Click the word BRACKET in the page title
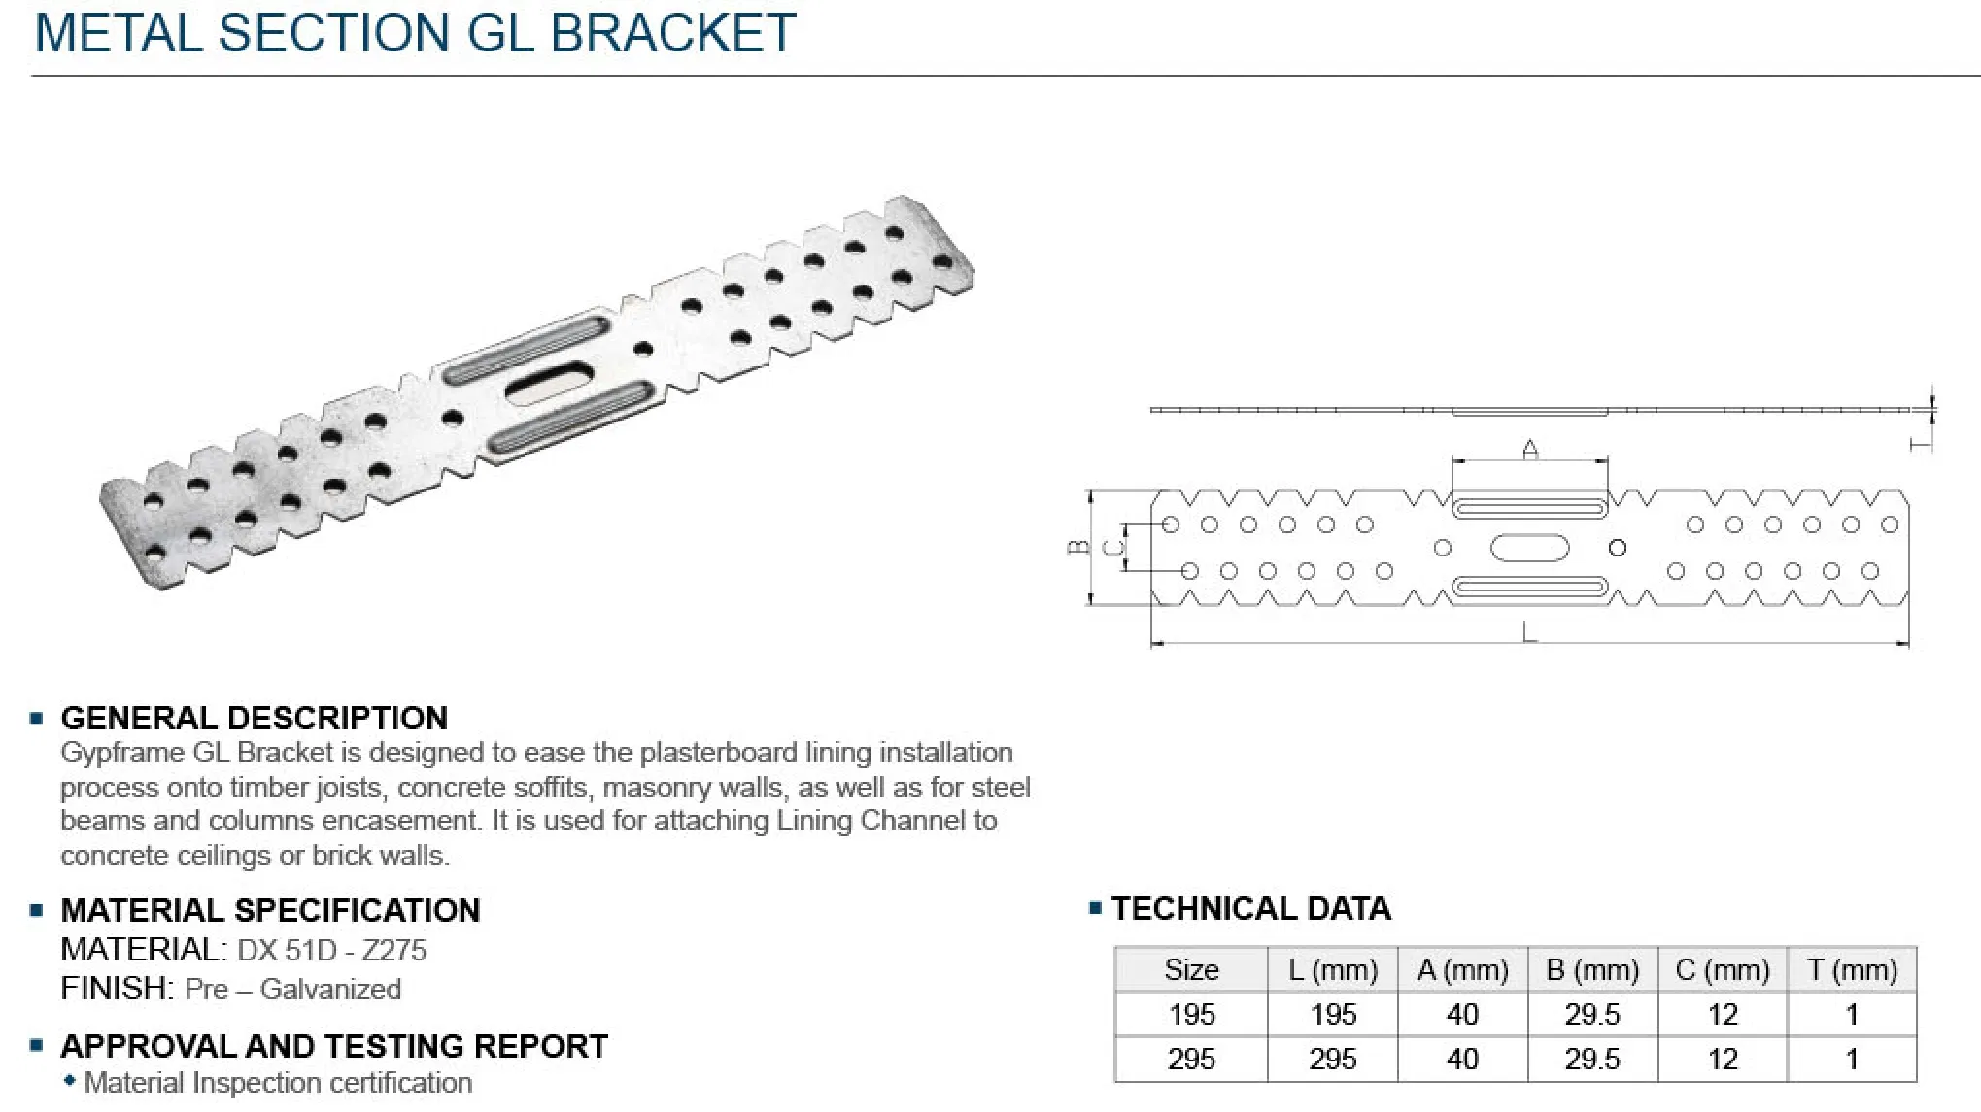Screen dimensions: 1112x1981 pyautogui.click(x=672, y=32)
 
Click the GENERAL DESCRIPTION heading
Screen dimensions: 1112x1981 pyautogui.click(x=254, y=718)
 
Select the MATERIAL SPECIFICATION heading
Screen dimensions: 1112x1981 pyautogui.click(x=270, y=910)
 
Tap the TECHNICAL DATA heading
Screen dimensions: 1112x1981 pyautogui.click(x=1250, y=908)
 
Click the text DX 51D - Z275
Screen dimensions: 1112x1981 pyautogui.click(x=331, y=950)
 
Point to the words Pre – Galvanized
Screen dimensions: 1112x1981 pyautogui.click(x=292, y=989)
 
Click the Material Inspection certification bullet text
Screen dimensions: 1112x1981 pyautogui.click(x=278, y=1082)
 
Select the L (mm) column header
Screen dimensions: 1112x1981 pyautogui.click(x=1332, y=969)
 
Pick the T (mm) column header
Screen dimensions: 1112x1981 pyautogui.click(x=1851, y=969)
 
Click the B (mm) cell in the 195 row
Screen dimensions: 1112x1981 pyautogui.click(x=1591, y=1014)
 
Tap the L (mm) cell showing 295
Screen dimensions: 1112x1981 pyautogui.click(x=1332, y=1059)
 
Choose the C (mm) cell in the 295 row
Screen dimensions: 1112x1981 pyautogui.click(x=1722, y=1059)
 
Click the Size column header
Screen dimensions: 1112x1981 pyautogui.click(x=1191, y=969)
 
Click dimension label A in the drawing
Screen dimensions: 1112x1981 pyautogui.click(x=1530, y=449)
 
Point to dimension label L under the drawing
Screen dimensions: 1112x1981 pyautogui.click(x=1529, y=633)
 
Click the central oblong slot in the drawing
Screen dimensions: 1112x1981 pyautogui.click(x=1529, y=548)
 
